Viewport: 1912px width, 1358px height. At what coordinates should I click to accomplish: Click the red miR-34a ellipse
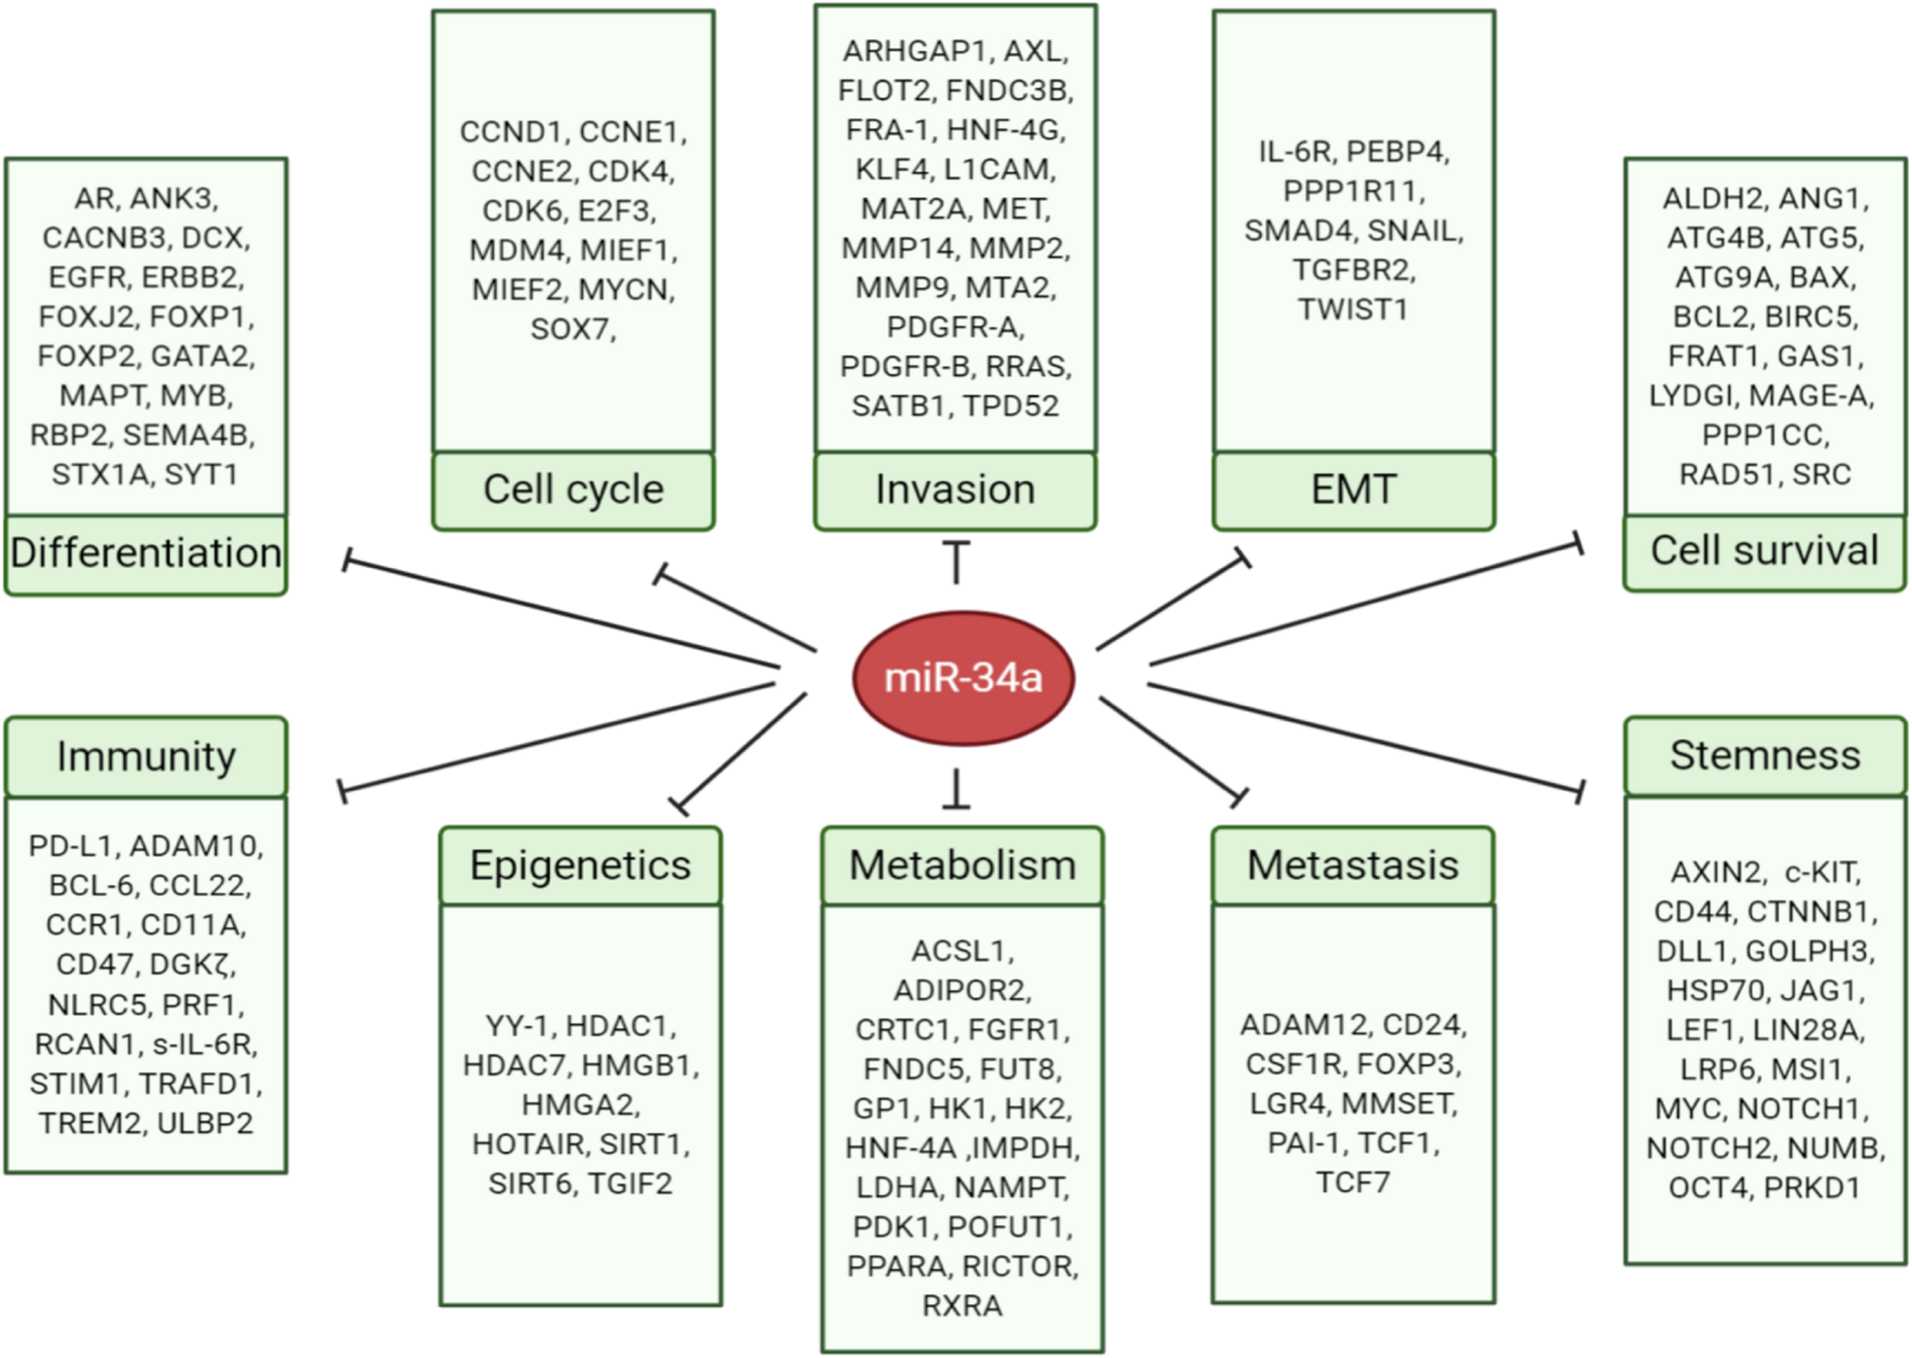(x=964, y=677)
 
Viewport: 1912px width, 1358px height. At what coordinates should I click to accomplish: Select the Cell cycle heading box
(x=573, y=490)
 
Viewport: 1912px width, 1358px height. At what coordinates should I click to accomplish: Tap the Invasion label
(x=955, y=490)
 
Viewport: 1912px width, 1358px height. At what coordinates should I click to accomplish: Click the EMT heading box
(x=1353, y=490)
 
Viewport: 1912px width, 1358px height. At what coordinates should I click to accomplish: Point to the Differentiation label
(x=145, y=554)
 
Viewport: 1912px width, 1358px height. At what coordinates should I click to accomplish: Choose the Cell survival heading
(x=1765, y=551)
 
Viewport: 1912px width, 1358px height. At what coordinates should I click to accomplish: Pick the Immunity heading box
(x=145, y=757)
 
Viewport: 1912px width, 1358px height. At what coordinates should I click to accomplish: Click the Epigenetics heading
(x=580, y=866)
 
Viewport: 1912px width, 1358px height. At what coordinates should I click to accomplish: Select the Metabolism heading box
(x=962, y=866)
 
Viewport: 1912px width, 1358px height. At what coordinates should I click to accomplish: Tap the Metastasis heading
(x=1352, y=866)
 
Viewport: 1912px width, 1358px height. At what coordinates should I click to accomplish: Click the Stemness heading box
(x=1765, y=755)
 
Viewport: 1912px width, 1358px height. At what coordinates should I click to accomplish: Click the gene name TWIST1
(x=1352, y=310)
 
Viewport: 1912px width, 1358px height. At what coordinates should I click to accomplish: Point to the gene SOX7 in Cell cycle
(x=569, y=330)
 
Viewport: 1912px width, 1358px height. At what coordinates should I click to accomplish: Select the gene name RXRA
(x=962, y=1305)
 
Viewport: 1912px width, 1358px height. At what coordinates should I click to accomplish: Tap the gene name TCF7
(x=1352, y=1182)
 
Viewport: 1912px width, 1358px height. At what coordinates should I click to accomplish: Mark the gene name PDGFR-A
(x=954, y=327)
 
